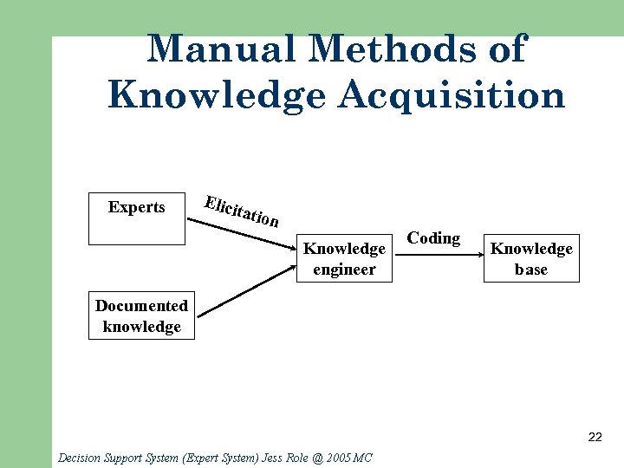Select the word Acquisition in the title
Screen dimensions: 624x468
point(452,94)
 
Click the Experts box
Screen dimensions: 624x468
point(137,218)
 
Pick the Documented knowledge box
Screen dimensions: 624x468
point(141,315)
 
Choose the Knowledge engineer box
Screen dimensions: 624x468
point(344,257)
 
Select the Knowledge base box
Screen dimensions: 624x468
point(531,257)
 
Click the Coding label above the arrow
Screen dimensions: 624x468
point(433,238)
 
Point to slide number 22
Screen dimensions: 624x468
point(595,437)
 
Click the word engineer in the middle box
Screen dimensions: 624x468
point(344,270)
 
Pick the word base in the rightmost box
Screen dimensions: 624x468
point(531,270)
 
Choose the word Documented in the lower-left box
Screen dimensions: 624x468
point(141,306)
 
